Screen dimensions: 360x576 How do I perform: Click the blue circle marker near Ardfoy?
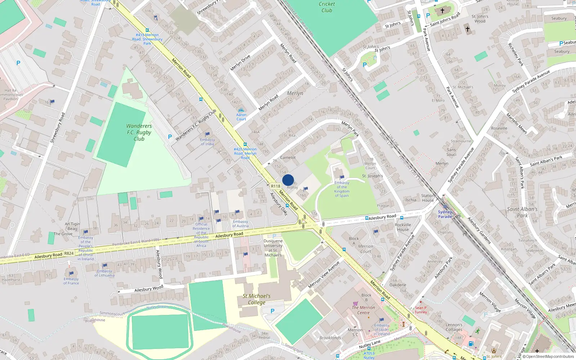[288, 180]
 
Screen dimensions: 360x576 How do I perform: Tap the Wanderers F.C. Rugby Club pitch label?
[139, 132]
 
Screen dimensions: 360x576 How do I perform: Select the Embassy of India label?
[207, 142]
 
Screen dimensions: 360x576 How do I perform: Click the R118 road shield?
[275, 186]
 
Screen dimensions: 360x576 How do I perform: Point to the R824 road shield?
[69, 253]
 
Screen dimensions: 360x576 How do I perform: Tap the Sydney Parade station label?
[445, 214]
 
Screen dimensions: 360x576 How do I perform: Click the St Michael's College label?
[256, 299]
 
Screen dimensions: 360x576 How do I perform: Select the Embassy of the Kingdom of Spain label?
[342, 189]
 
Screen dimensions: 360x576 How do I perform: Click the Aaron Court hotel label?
[241, 117]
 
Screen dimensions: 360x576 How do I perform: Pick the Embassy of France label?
[71, 281]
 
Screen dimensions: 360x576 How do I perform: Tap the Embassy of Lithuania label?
[104, 273]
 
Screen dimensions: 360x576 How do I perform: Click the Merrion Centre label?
[363, 310]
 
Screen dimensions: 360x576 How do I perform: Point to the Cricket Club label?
[327, 7]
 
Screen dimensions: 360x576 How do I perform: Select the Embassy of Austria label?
[240, 224]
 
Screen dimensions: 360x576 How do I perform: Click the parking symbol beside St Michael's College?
[273, 311]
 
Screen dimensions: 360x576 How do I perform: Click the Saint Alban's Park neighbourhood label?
[522, 212]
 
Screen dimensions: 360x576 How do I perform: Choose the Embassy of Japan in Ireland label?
[382, 329]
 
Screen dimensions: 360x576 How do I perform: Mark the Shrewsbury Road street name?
[57, 128]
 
